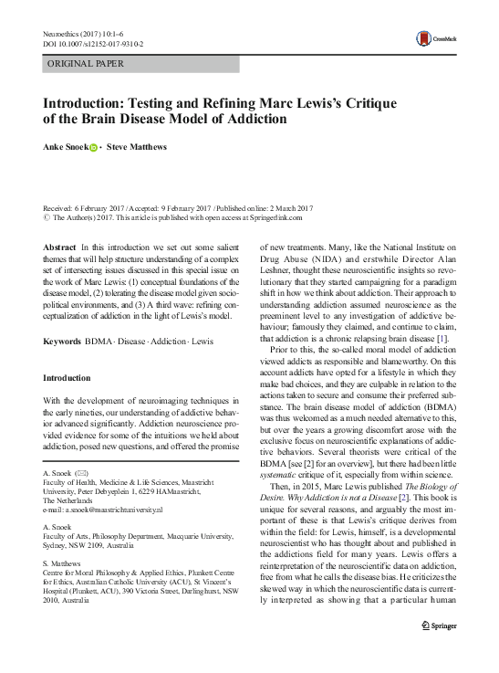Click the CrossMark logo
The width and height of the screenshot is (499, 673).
[x=435, y=38]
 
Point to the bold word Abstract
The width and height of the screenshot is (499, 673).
[x=60, y=247]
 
